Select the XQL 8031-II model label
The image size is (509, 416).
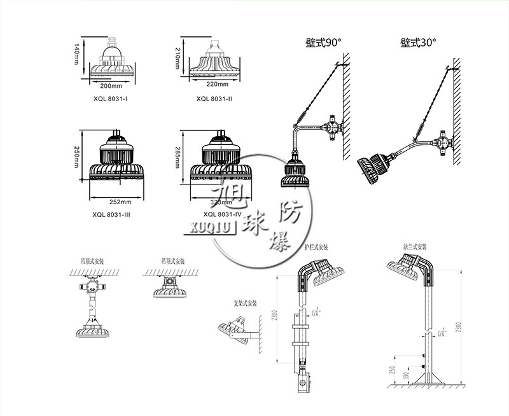tap(214, 98)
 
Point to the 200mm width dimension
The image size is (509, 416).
tap(111, 85)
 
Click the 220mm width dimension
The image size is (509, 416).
tap(218, 84)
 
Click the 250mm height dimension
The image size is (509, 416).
tap(76, 155)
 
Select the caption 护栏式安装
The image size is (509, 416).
tap(316, 247)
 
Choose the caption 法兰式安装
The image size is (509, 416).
tap(414, 247)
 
